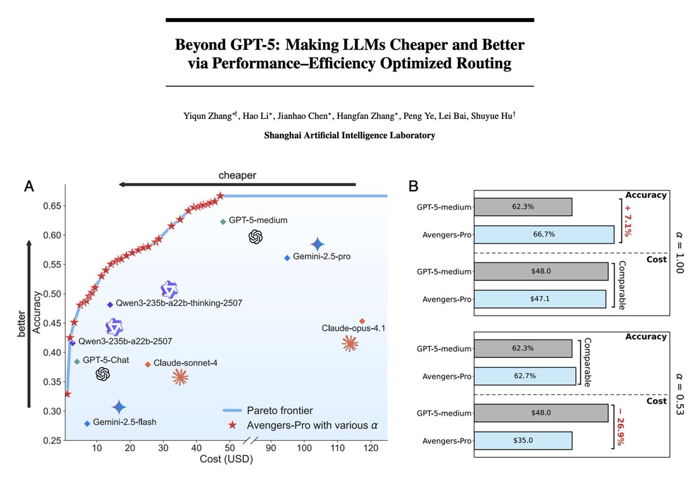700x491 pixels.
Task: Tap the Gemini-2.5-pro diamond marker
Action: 286,258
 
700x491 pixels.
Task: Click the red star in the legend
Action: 234,426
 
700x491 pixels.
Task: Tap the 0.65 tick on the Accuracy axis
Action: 51,206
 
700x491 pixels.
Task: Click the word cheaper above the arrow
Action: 237,174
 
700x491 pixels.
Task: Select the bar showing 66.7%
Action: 544,234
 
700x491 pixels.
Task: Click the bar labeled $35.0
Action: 523,440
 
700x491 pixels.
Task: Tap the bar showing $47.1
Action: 540,299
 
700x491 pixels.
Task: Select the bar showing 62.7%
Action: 525,376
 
